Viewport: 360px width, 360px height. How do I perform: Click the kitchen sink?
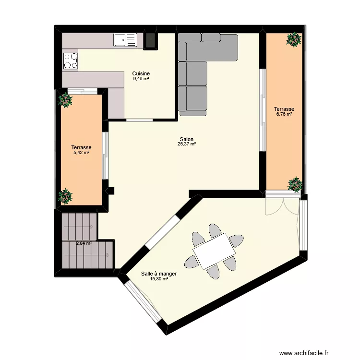pos(125,40)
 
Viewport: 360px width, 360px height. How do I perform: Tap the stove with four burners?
pos(70,60)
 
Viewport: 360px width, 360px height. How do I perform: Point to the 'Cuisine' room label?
pos(141,73)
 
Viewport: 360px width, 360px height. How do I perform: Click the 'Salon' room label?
pos(187,139)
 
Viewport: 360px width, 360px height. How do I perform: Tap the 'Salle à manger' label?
pos(159,274)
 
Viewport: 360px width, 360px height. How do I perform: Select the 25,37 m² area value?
pos(187,144)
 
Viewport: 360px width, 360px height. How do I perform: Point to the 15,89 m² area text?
pos(159,278)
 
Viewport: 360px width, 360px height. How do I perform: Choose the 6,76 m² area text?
pos(284,114)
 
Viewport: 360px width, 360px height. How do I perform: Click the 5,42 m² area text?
pos(81,153)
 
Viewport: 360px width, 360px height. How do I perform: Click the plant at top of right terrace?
pos(293,39)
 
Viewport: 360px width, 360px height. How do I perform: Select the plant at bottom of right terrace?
pos(295,184)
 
